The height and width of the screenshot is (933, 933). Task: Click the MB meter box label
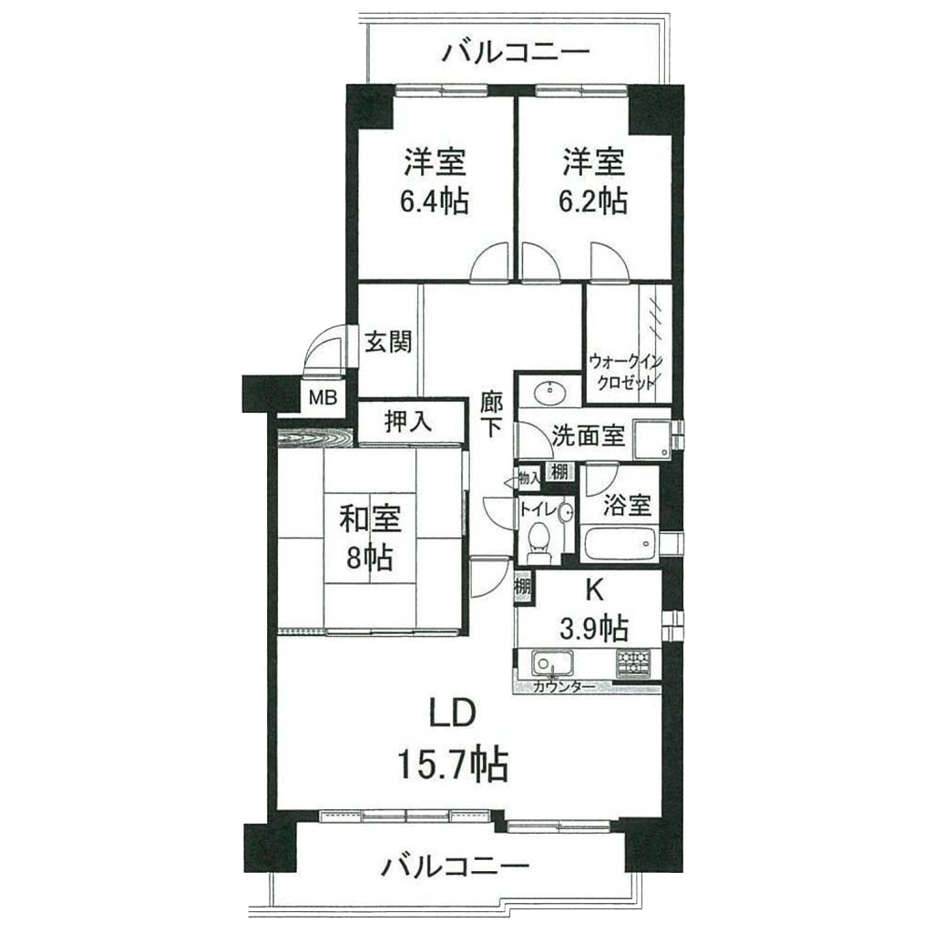(x=323, y=397)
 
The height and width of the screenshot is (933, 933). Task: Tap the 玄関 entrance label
(x=388, y=343)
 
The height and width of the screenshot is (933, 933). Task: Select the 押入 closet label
(x=407, y=422)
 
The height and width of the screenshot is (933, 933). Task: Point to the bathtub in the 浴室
(x=620, y=543)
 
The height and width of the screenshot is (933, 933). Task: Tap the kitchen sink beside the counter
(x=553, y=662)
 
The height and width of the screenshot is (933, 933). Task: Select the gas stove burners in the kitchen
(x=634, y=662)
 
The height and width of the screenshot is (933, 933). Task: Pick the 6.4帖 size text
(x=435, y=201)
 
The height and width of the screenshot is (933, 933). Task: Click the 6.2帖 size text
(x=592, y=201)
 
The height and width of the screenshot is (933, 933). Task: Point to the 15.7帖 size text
(x=452, y=764)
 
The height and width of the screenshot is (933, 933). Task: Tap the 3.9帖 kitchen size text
(x=594, y=627)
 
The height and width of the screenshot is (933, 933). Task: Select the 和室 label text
(x=370, y=518)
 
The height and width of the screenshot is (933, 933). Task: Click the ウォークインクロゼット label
(x=625, y=372)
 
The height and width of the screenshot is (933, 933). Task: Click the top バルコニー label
(x=516, y=52)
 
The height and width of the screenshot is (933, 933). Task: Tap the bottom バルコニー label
(x=456, y=866)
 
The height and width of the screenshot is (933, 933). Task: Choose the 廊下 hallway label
(x=491, y=415)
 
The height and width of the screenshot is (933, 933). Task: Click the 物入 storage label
(x=529, y=477)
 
